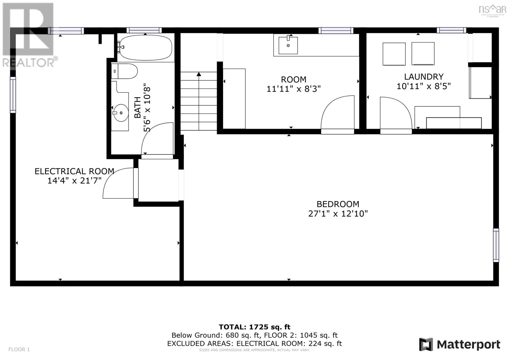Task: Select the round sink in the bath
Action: (121, 113)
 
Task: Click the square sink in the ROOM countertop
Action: (288, 45)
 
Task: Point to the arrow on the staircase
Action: (199, 74)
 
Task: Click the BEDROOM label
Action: (338, 204)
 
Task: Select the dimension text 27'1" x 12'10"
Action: (338, 214)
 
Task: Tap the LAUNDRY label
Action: (423, 77)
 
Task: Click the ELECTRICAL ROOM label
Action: (74, 171)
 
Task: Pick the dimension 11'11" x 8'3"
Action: (293, 89)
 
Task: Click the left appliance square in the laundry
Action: (394, 54)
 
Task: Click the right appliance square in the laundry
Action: (423, 53)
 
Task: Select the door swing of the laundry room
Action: (394, 113)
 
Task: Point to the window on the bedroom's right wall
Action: (496, 245)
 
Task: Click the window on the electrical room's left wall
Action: (13, 95)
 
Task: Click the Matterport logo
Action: (460, 344)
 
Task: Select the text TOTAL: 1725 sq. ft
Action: (254, 327)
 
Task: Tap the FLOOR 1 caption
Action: (19, 349)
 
